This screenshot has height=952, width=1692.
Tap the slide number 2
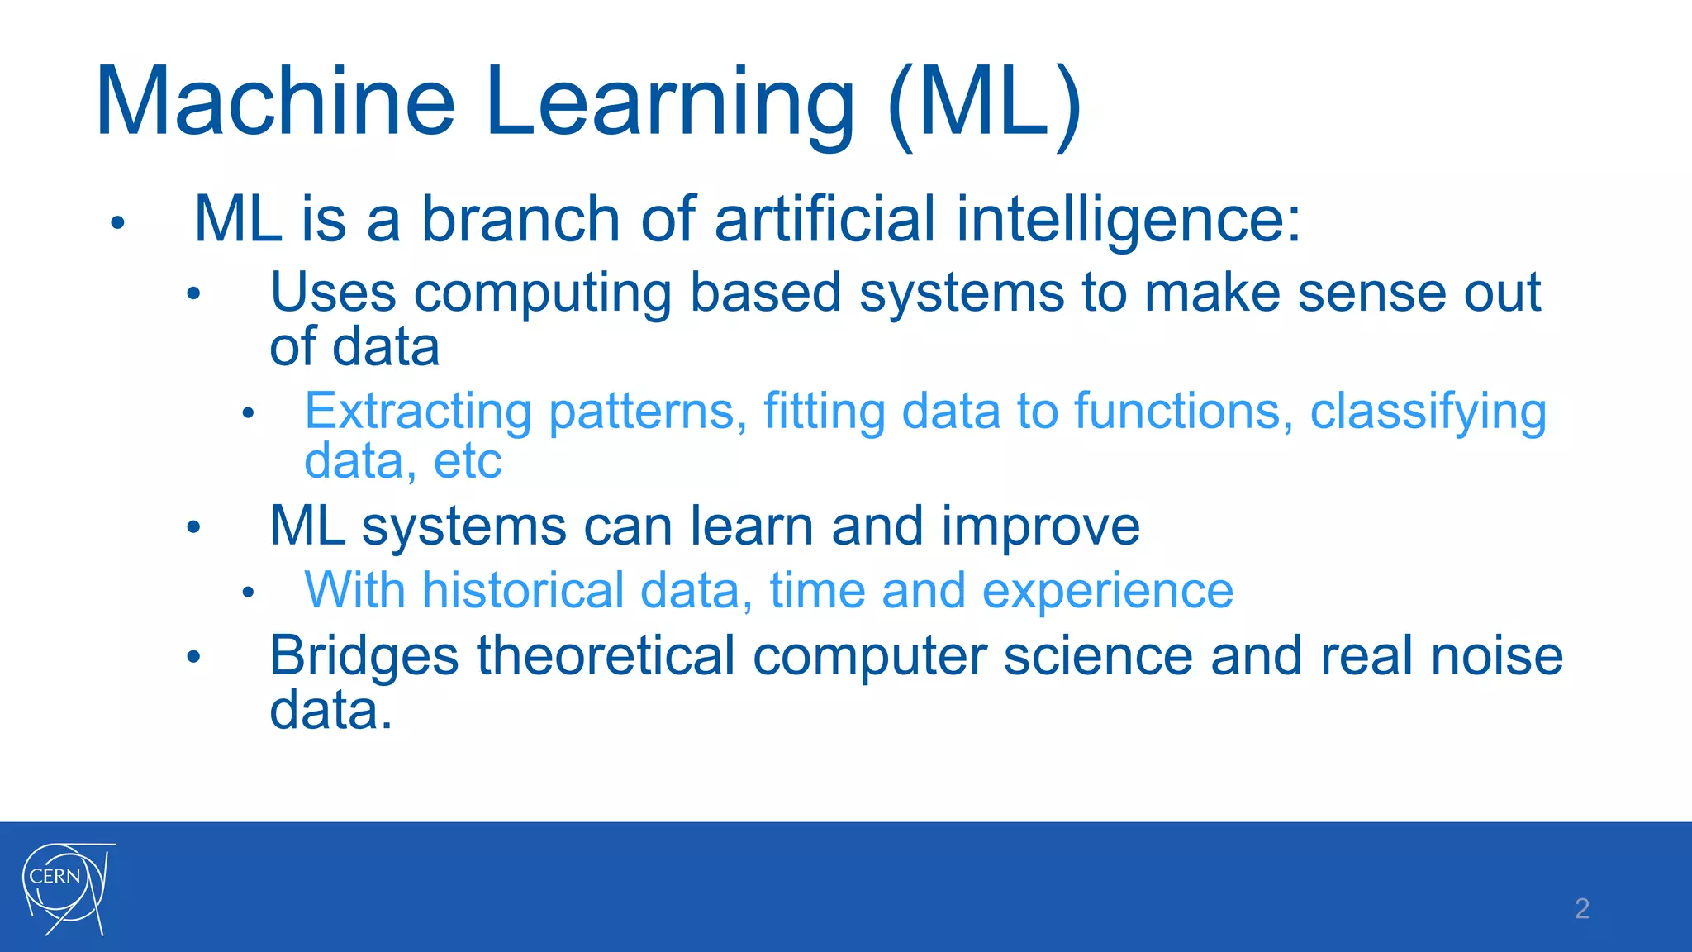(1581, 908)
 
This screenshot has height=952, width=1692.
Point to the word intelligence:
(1128, 220)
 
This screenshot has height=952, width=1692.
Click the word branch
(520, 220)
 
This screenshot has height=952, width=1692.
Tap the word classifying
(1428, 412)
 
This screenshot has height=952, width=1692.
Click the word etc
(468, 461)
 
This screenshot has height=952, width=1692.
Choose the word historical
(523, 591)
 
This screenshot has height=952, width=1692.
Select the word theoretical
(606, 656)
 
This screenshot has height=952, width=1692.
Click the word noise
(1496, 656)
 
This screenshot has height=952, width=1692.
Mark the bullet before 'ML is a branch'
(117, 222)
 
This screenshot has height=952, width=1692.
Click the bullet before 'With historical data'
(248, 593)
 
